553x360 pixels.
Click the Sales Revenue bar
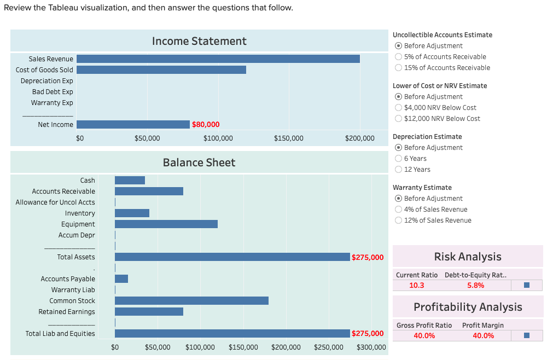pyautogui.click(x=218, y=59)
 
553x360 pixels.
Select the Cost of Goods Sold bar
pyautogui.click(x=161, y=69)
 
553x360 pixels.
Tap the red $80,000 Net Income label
pyautogui.click(x=206, y=125)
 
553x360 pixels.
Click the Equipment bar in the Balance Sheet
pyautogui.click(x=166, y=224)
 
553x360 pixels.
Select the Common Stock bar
pyautogui.click(x=191, y=300)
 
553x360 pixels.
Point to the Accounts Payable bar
pyautogui.click(x=121, y=278)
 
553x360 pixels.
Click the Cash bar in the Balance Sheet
pyautogui.click(x=130, y=180)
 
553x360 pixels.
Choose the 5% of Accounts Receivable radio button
pyautogui.click(x=399, y=57)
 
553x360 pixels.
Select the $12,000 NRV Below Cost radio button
pyautogui.click(x=399, y=119)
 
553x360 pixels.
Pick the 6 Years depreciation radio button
pyautogui.click(x=399, y=159)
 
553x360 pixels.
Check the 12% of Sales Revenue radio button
pyautogui.click(x=399, y=220)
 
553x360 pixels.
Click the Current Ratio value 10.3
pyautogui.click(x=417, y=285)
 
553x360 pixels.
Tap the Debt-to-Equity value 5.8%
pyautogui.click(x=475, y=285)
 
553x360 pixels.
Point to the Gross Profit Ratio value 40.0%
pyautogui.click(x=424, y=335)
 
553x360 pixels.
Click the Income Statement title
pyautogui.click(x=199, y=41)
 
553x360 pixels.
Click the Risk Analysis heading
pyautogui.click(x=467, y=257)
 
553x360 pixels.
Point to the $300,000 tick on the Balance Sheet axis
pyautogui.click(x=371, y=347)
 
